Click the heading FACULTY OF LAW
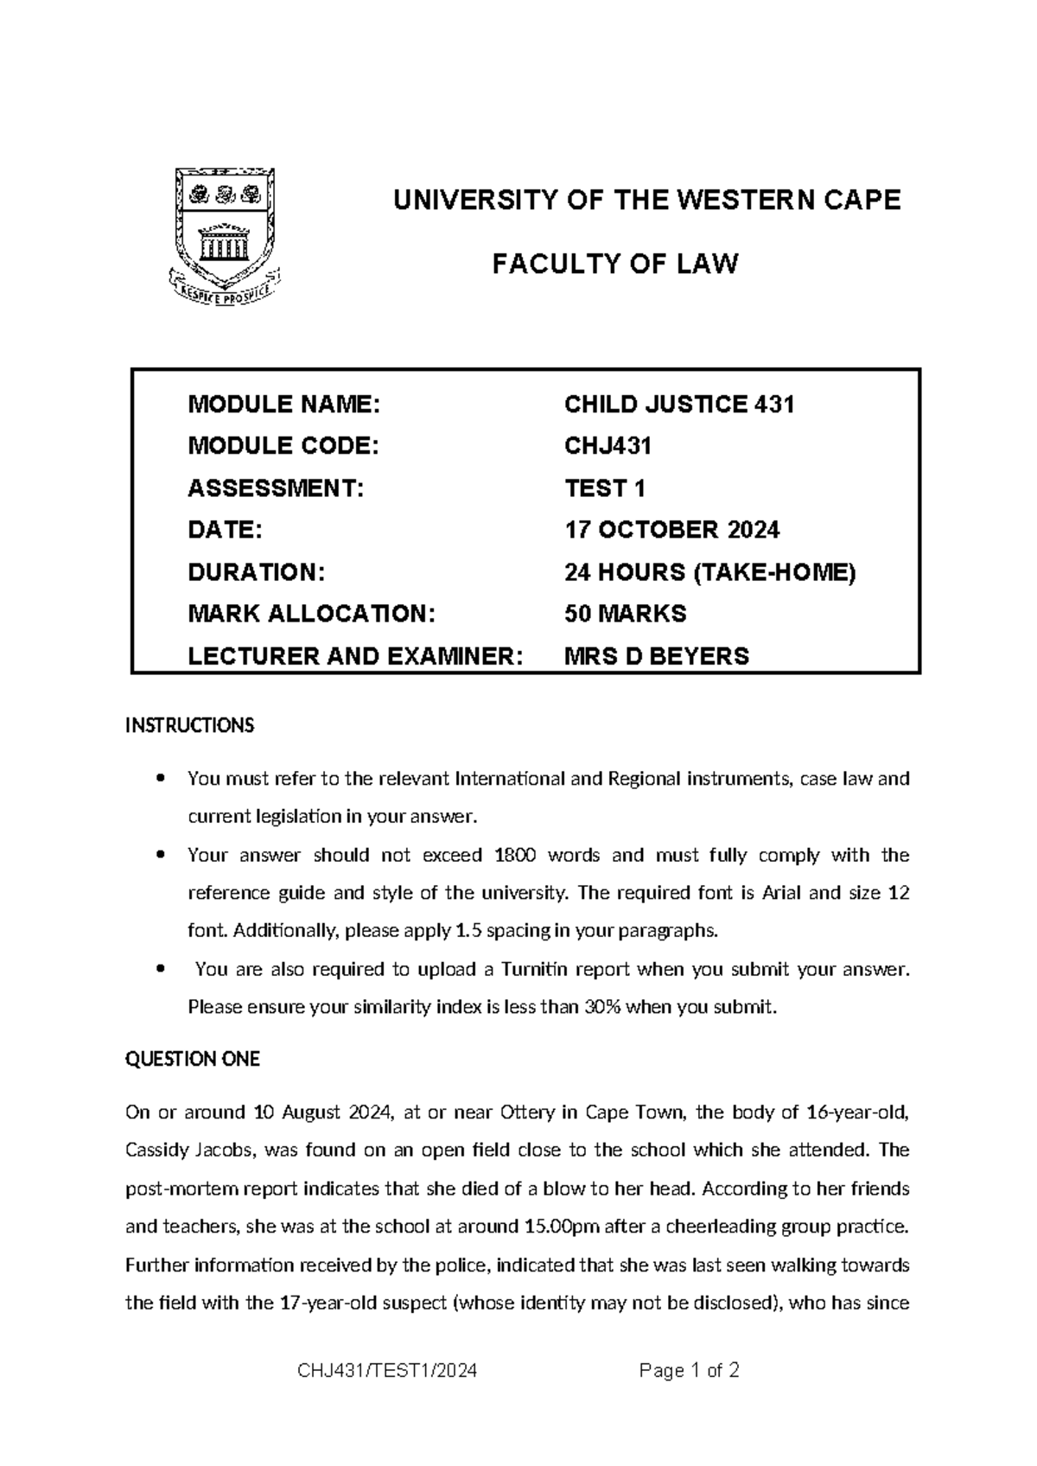[615, 263]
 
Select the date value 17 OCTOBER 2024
[671, 530]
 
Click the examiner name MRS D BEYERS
[656, 656]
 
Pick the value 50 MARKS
[625, 614]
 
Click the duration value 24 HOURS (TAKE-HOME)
[709, 572]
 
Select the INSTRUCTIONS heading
[190, 725]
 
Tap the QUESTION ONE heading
[193, 1059]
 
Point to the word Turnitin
[535, 969]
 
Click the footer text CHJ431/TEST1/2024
[386, 1371]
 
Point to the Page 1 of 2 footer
[689, 1371]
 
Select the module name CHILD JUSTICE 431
[679, 404]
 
